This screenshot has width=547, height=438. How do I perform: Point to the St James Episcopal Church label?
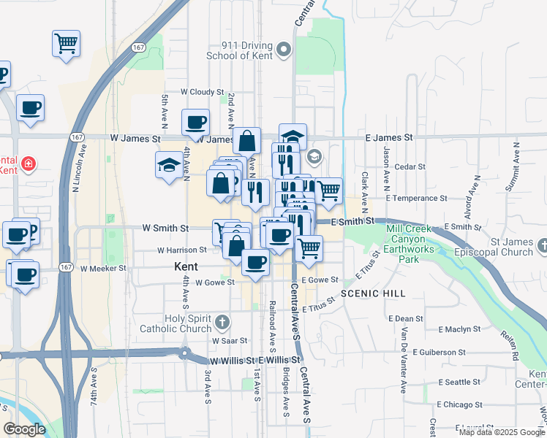[x=501, y=247]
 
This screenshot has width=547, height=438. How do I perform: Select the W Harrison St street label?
[x=181, y=250]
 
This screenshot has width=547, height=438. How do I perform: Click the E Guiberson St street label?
[x=440, y=351]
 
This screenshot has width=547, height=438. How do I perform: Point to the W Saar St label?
[x=230, y=341]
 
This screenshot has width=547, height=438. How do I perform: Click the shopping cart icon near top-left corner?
[x=66, y=43]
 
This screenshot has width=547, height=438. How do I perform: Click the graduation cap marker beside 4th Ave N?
[x=169, y=164]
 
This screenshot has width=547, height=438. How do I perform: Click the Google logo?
[x=24, y=429]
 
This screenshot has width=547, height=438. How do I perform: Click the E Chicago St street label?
[x=464, y=404]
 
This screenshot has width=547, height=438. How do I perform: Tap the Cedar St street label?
[x=410, y=167]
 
